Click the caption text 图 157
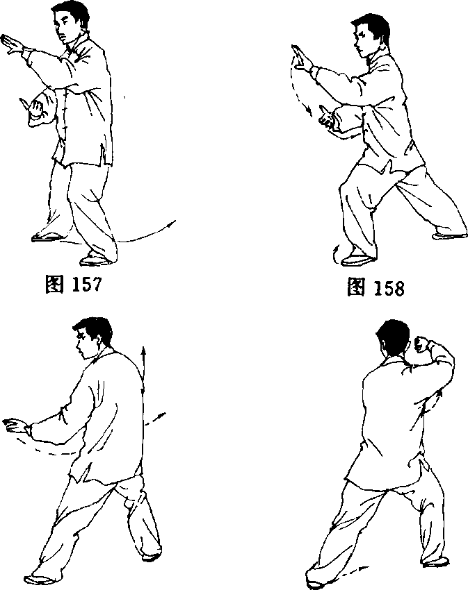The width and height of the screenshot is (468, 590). pos(73,284)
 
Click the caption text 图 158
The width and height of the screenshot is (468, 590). pos(376,287)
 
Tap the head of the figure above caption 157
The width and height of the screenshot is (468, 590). pos(70,22)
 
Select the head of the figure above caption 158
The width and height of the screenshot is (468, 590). pos(371,35)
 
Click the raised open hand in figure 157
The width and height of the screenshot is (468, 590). pos(13,46)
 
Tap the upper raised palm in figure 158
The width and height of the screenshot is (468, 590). pos(302,59)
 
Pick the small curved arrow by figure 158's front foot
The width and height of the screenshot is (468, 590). pos(335,255)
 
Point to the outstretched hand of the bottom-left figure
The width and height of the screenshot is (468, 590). pos(16,426)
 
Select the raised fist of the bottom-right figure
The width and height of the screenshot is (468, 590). pos(421,344)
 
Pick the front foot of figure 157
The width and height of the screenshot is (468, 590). pos(95,260)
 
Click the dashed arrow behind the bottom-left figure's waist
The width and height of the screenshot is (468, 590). pos(155,419)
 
